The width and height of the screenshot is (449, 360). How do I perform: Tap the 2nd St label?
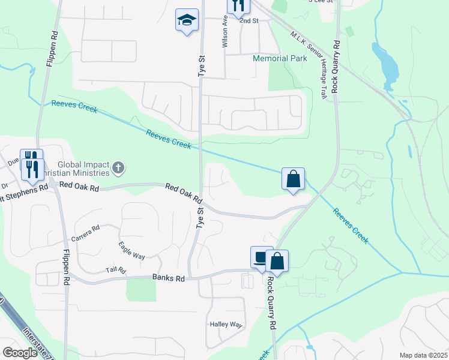tap(249, 20)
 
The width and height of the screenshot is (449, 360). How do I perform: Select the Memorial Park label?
tap(280, 58)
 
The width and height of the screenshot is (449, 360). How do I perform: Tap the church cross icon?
tap(118, 167)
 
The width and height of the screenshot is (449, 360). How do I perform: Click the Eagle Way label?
tap(131, 250)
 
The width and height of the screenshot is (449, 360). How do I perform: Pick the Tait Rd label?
tap(115, 271)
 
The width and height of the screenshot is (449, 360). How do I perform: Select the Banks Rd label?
tap(166, 277)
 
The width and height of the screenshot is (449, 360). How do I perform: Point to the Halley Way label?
tap(225, 325)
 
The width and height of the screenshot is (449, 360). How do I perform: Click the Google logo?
tap(20, 353)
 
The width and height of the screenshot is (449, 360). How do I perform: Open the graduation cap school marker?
tap(187, 21)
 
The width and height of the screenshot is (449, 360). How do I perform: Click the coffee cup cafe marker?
tap(261, 258)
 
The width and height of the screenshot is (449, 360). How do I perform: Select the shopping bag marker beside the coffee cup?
tap(277, 261)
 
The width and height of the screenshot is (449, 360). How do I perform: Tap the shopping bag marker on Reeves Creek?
tap(293, 179)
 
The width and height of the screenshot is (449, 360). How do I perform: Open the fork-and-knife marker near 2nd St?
tap(238, 6)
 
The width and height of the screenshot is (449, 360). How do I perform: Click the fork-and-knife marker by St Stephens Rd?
tap(32, 164)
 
